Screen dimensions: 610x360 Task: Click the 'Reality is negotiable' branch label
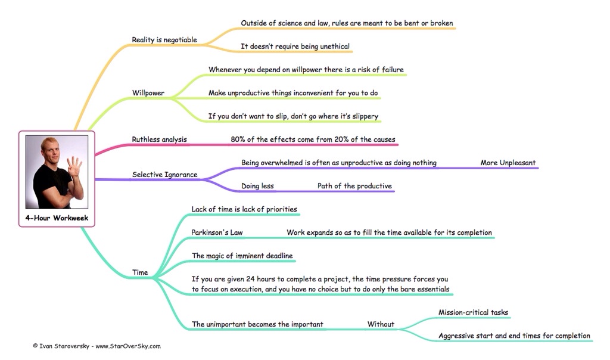(164, 40)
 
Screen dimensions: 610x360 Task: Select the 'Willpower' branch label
(148, 93)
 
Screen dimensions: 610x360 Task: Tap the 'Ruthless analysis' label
(159, 139)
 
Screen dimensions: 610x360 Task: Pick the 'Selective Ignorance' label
(164, 175)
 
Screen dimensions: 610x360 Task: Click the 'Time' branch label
(140, 272)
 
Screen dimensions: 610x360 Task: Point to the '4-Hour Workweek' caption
(57, 218)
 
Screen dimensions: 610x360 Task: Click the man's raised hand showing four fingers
(74, 166)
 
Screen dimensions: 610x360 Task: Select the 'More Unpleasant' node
(508, 163)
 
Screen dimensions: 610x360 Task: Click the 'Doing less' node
(257, 186)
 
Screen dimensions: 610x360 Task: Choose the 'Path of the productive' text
(354, 186)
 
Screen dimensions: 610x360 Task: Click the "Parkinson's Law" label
(217, 232)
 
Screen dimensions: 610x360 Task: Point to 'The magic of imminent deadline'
(242, 256)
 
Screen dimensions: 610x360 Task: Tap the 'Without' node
(381, 324)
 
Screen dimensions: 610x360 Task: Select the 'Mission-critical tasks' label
(473, 312)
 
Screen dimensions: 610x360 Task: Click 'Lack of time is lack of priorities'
(244, 209)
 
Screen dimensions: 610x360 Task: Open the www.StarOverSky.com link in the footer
(128, 346)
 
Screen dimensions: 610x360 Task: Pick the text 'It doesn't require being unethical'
(295, 46)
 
